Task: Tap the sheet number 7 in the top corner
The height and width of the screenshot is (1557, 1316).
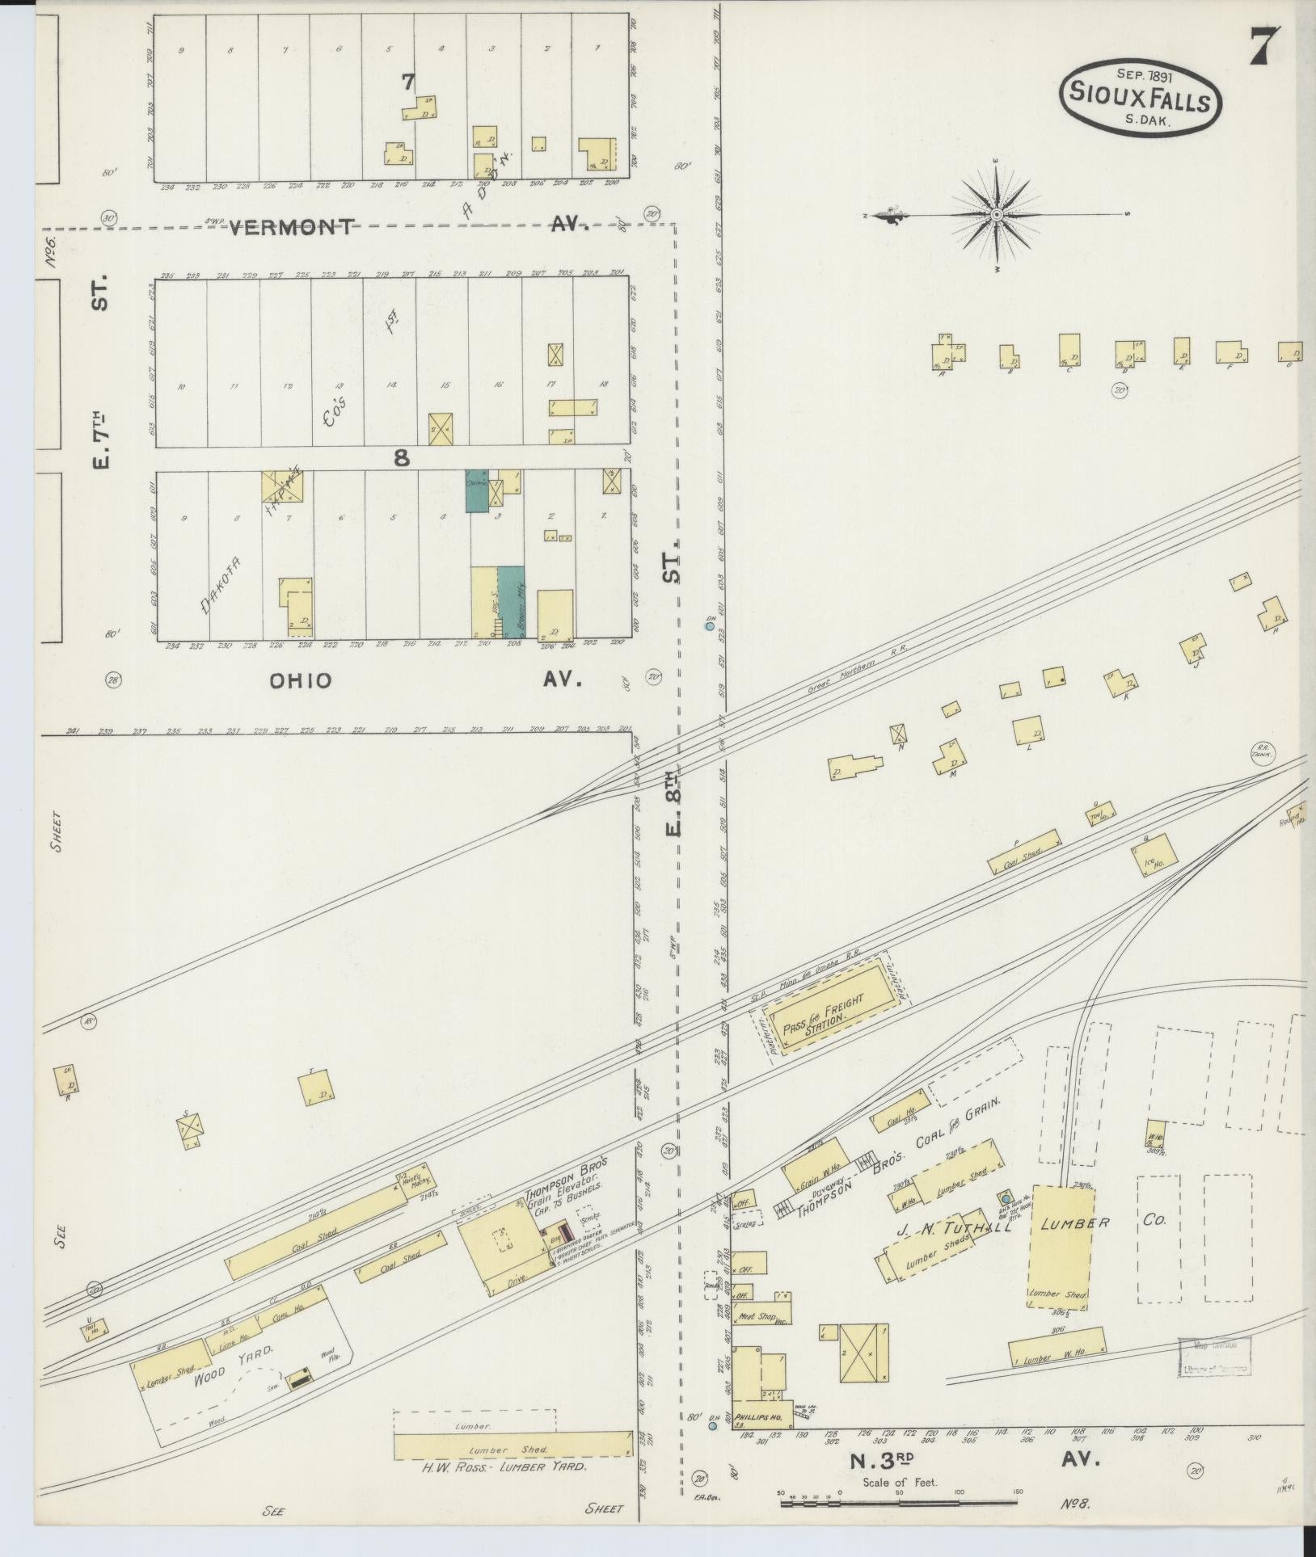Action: click(1264, 47)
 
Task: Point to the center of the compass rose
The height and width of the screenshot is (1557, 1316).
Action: click(997, 215)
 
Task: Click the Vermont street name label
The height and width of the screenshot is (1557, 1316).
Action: click(292, 227)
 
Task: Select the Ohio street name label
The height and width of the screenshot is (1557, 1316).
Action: click(301, 680)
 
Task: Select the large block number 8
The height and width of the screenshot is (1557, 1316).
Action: click(401, 458)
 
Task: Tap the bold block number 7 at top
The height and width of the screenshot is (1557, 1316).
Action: click(408, 81)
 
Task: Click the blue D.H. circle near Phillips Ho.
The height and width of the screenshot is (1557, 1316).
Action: click(712, 1426)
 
